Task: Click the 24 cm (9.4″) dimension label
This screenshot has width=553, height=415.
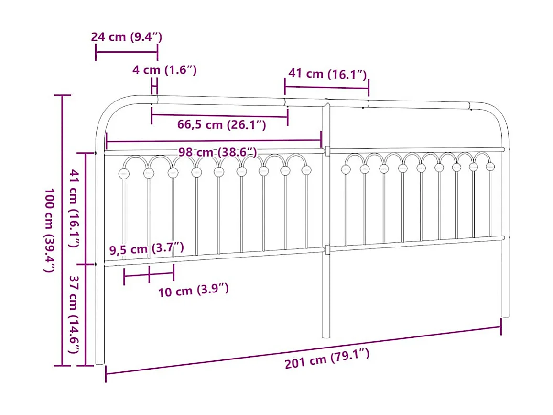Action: [x=127, y=37]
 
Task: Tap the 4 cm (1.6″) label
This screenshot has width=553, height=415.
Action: [x=164, y=70]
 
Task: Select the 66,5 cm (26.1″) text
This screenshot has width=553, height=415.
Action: [x=221, y=125]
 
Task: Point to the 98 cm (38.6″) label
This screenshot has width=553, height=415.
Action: [x=217, y=152]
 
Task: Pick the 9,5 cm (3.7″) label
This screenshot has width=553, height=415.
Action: [x=146, y=248]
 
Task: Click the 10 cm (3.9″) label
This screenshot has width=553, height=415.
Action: [x=194, y=290]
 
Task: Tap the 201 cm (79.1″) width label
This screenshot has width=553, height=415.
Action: [x=327, y=359]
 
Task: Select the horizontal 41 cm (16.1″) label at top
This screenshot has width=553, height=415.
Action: [x=327, y=74]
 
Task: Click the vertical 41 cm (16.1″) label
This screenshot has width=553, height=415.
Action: [x=74, y=208]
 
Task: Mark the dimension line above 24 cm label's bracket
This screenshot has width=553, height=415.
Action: [x=127, y=52]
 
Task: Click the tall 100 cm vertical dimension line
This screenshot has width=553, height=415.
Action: [x=62, y=230]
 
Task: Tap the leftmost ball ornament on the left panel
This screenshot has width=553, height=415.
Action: [x=124, y=173]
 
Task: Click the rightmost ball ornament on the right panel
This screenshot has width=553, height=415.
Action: [x=490, y=167]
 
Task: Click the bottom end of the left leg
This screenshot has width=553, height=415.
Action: [x=99, y=362]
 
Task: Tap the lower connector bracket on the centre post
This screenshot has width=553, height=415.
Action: [x=327, y=249]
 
